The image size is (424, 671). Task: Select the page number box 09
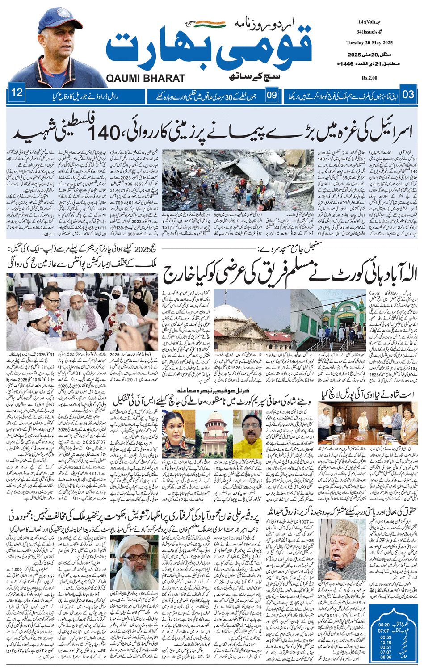point(272,95)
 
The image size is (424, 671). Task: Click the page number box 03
point(408,95)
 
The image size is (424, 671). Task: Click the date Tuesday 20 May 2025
point(369,43)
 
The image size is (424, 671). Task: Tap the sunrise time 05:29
point(384,625)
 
